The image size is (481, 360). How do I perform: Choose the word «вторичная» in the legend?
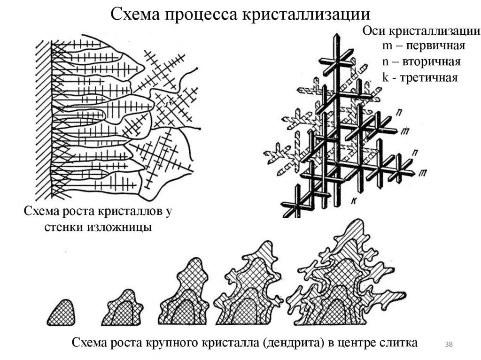click(433, 61)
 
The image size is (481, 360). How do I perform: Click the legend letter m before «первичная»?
click(387, 46)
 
